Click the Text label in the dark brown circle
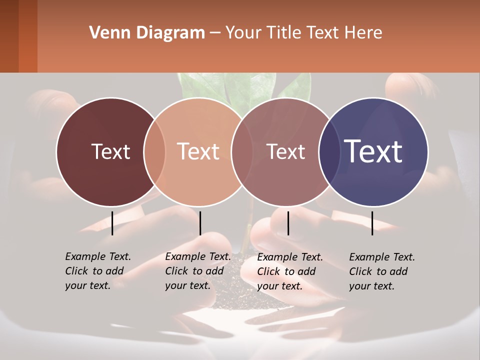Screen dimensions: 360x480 [x=110, y=151]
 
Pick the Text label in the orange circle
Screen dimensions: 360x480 [x=198, y=151]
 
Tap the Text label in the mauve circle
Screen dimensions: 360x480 [x=286, y=151]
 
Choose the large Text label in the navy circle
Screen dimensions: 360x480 [x=373, y=151]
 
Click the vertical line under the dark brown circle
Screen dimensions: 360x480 [x=112, y=223]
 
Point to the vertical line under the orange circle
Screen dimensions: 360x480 [x=200, y=223]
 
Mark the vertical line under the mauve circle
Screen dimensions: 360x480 [x=288, y=223]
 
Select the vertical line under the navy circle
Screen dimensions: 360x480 [x=372, y=223]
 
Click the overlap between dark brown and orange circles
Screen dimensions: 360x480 [x=154, y=152]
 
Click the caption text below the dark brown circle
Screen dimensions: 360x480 [x=98, y=271]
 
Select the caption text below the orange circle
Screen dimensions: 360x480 [x=198, y=271]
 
